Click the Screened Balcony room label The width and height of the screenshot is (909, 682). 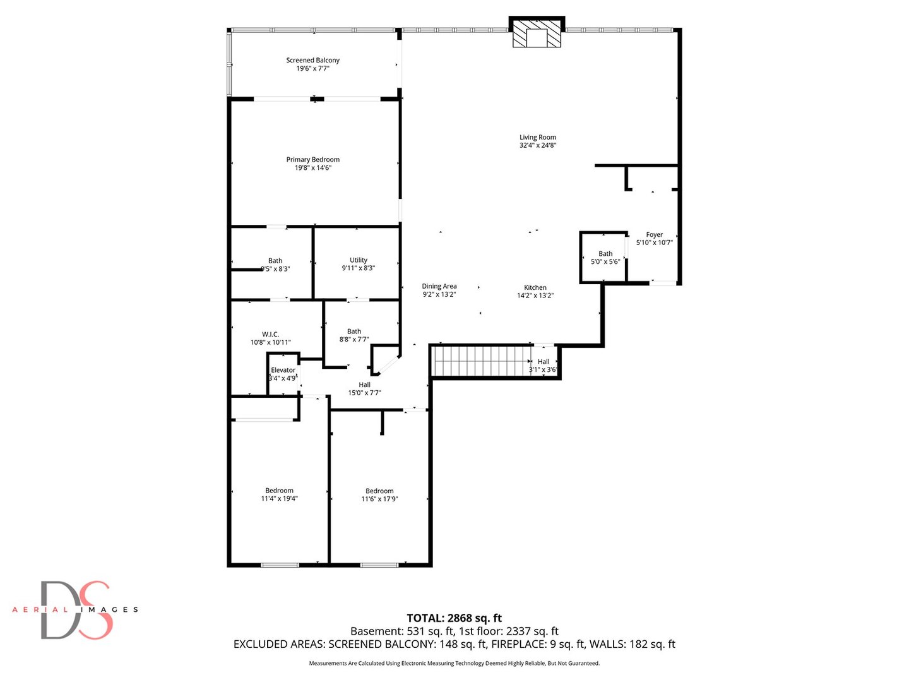coord(312,60)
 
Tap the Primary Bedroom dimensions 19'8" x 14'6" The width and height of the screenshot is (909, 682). coord(312,168)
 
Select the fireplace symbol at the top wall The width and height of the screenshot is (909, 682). coord(537,33)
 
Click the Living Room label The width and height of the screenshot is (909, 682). coord(538,137)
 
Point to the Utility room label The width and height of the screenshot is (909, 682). coord(359,260)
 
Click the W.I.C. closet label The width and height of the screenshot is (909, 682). coord(270,334)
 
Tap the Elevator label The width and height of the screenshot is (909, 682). coord(283,370)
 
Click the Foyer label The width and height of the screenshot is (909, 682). coord(654,234)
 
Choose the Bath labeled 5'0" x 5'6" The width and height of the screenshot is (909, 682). coord(605,257)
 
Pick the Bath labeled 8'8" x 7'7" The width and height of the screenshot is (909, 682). coord(354,335)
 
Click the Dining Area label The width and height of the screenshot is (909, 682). coord(439,286)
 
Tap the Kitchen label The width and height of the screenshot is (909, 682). coord(535,287)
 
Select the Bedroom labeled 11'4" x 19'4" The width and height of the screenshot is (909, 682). coord(279,494)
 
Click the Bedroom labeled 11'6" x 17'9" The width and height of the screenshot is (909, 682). coord(379,494)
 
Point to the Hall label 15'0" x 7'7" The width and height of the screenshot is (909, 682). coord(365,388)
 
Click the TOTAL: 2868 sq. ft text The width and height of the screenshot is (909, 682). coord(454,618)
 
